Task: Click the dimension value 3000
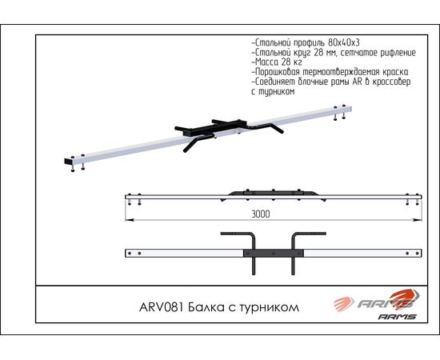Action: click(261, 214)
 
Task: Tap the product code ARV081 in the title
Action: click(161, 307)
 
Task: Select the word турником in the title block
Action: click(269, 308)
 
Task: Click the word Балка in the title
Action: click(206, 307)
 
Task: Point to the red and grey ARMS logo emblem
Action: click(377, 301)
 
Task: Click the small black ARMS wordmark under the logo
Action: click(397, 317)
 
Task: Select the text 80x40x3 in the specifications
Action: click(344, 42)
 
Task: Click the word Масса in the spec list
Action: click(266, 62)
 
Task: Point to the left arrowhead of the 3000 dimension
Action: click(130, 220)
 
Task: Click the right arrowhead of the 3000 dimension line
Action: click(418, 220)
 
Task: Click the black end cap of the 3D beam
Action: click(68, 162)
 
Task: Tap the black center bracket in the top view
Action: click(274, 254)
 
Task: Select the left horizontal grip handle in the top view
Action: click(238, 234)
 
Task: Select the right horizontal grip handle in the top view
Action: click(310, 234)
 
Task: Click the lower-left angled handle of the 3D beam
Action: click(198, 142)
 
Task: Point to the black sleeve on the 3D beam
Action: click(214, 130)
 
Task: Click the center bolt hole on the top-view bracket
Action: click(274, 254)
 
